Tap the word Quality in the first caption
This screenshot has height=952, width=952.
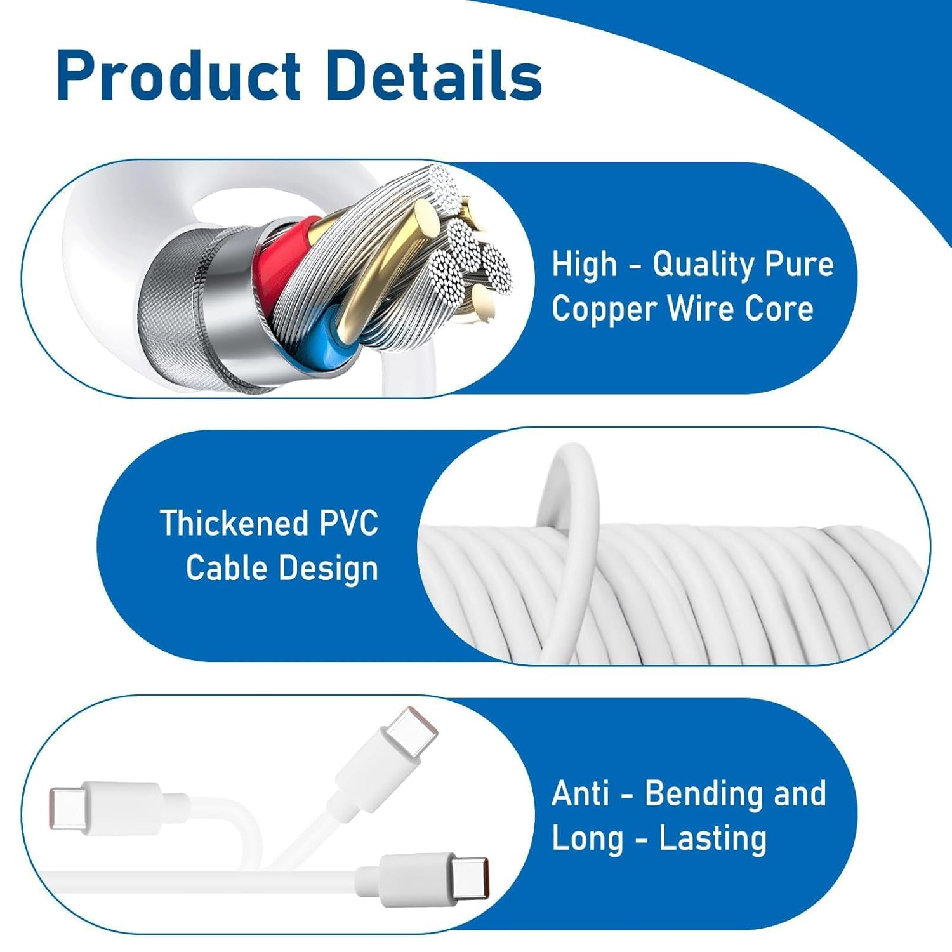pos(702,264)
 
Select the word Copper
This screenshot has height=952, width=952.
pos(604,310)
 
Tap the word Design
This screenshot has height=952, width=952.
pos(328,568)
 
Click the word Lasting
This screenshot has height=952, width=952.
pos(713,838)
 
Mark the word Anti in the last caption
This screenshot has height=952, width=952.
pos(581,793)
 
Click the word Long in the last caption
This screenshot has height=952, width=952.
pos(587,839)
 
